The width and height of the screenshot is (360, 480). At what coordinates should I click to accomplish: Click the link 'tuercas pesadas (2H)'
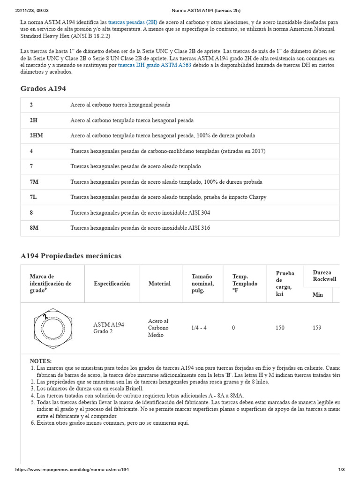click(133, 22)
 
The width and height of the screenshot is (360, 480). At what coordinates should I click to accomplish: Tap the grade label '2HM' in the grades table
click(36, 135)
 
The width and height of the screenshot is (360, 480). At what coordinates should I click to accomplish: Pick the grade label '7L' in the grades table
click(33, 197)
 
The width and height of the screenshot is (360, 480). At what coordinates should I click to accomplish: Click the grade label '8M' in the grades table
click(34, 228)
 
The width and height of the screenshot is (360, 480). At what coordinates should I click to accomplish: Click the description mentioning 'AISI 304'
click(140, 212)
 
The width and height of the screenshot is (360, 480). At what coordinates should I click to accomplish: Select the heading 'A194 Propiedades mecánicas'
click(71, 256)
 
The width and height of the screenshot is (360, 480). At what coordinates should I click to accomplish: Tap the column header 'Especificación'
click(112, 284)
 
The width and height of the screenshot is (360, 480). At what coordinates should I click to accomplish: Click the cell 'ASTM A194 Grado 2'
click(108, 328)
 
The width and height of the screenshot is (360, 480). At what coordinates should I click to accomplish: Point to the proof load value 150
click(280, 328)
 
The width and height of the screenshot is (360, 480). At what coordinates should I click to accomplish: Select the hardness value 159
click(317, 328)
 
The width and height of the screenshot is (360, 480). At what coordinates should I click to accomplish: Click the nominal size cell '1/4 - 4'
click(200, 328)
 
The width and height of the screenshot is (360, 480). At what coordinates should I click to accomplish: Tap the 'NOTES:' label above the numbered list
click(41, 361)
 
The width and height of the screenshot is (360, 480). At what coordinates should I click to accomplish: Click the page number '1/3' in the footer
click(341, 469)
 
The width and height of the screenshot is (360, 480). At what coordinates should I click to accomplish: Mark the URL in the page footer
click(72, 469)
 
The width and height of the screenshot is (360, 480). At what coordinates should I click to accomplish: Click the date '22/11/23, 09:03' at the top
click(32, 10)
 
